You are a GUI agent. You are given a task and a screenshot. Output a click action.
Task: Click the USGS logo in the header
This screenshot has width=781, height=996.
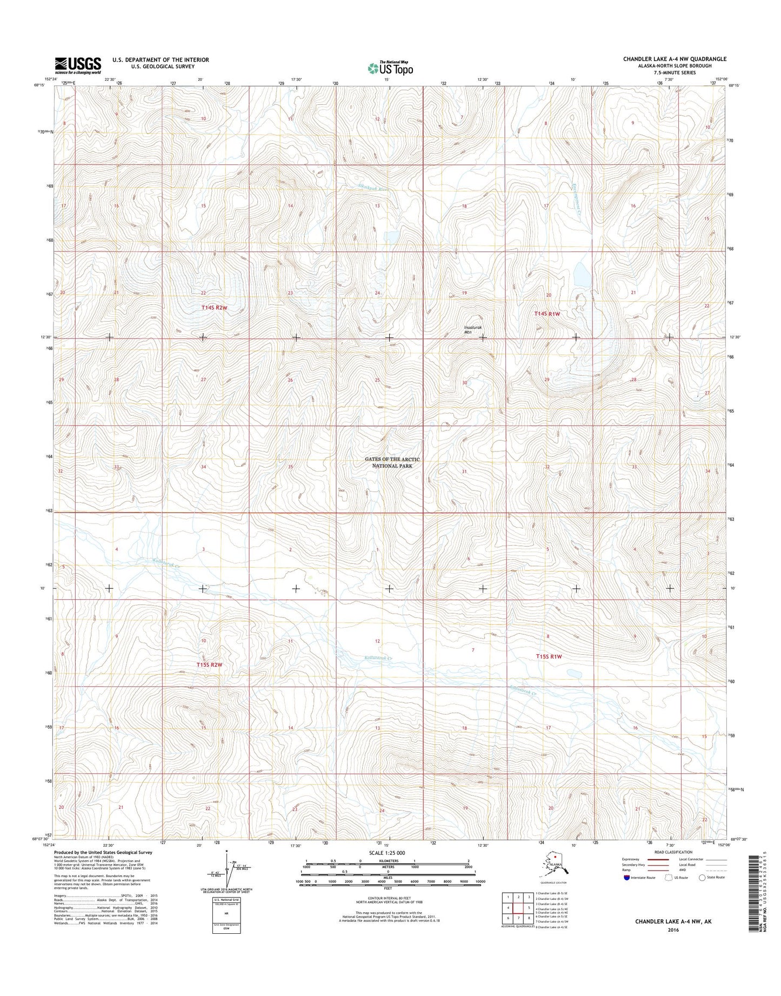point(78,65)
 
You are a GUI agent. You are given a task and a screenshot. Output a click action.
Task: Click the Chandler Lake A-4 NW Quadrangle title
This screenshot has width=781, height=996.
point(674,59)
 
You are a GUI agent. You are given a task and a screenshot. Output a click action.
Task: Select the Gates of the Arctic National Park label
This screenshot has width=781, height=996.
point(392,462)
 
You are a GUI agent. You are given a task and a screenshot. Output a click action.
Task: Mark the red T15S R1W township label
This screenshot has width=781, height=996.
point(549,656)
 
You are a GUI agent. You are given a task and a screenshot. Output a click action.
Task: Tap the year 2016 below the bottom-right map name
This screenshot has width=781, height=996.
point(673,931)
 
